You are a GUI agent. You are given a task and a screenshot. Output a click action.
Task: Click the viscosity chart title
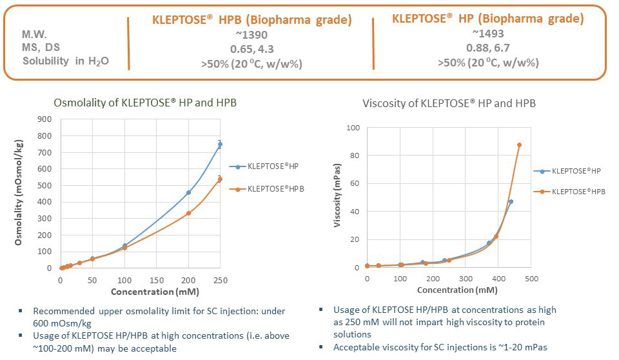449,103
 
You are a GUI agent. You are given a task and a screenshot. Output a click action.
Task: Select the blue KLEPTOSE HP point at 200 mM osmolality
188,192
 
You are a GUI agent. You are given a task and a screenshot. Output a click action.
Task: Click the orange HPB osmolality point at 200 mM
188,213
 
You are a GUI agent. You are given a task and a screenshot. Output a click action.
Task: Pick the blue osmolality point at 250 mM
220,145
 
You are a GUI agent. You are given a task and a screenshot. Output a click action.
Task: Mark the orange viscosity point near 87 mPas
520,145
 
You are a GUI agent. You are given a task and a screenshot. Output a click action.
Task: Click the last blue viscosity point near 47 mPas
511,201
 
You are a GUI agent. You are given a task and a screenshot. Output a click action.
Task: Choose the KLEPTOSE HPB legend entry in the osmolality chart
276,189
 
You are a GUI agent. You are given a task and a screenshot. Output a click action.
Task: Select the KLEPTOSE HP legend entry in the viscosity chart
576,171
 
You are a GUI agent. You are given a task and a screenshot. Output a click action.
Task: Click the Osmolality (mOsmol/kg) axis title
19,194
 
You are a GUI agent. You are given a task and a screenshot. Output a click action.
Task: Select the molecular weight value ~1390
252,35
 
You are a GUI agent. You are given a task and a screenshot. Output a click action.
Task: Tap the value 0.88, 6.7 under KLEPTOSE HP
487,48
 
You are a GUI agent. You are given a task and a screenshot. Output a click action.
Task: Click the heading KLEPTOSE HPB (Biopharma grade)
252,20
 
